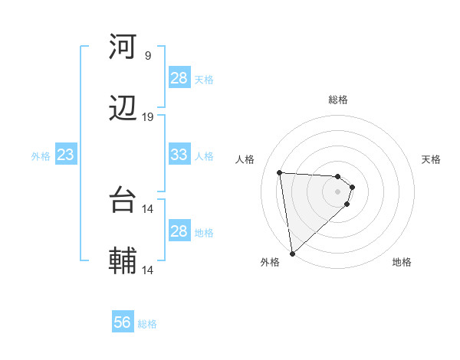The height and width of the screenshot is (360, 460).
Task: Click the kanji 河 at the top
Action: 123,47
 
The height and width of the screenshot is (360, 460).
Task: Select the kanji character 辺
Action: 123,109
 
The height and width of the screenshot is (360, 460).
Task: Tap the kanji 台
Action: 123,200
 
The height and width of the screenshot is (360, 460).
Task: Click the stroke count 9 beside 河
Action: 148,55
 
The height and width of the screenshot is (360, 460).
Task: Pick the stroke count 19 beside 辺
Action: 148,117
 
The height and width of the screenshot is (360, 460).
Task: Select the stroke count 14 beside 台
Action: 148,208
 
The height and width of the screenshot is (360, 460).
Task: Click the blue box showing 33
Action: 179,155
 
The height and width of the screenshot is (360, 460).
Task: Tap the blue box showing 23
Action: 66,155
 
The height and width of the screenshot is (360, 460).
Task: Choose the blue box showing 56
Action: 123,322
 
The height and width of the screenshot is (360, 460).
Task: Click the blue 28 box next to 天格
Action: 179,78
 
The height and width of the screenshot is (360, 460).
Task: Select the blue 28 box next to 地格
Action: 179,231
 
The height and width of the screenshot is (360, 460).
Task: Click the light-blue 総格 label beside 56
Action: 147,324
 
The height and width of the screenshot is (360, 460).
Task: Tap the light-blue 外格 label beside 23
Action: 41,156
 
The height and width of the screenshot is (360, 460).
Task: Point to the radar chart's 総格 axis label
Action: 338,100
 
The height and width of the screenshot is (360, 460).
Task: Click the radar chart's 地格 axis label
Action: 402,262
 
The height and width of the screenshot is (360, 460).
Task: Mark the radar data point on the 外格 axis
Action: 292,253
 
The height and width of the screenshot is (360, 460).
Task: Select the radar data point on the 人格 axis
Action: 280,172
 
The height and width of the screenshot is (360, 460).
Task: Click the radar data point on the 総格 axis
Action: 338,176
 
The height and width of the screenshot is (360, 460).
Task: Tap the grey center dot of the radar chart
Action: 338,191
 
